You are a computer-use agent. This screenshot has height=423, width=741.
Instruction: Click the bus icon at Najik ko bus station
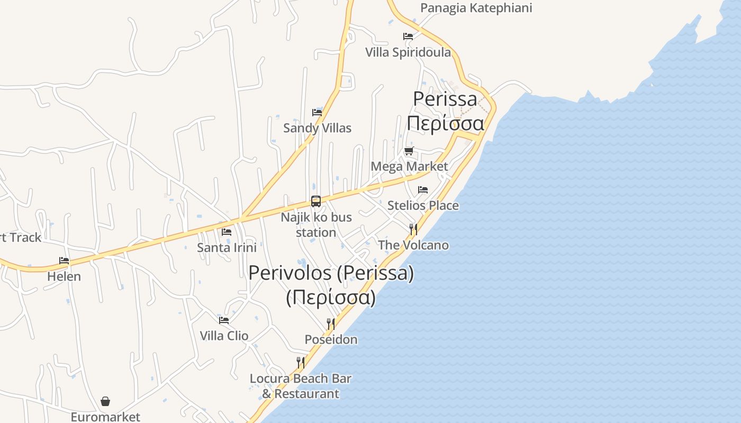click(316, 201)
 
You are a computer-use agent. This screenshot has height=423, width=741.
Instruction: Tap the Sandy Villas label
click(317, 128)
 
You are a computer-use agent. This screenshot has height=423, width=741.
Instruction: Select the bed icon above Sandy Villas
click(317, 112)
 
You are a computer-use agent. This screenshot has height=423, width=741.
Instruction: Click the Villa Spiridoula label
click(408, 52)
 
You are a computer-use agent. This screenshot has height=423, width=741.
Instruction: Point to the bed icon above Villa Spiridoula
click(408, 36)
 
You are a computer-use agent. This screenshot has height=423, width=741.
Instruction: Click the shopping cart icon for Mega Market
click(409, 151)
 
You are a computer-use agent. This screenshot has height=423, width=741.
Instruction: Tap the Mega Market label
click(409, 167)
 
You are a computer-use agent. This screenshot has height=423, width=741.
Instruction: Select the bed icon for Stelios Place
click(423, 190)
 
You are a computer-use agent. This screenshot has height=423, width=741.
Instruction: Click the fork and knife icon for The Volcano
click(413, 229)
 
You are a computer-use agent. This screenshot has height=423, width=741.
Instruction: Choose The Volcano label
click(413, 245)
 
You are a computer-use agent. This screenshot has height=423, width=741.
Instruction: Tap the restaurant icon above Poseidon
click(331, 324)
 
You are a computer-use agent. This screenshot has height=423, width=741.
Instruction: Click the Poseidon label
click(331, 339)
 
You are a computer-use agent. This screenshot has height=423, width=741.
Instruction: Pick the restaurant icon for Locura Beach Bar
click(301, 363)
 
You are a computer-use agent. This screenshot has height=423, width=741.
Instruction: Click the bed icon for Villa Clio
click(224, 320)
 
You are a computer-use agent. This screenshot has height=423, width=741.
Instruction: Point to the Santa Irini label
click(227, 247)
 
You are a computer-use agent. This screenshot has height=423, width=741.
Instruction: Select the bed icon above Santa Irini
click(227, 232)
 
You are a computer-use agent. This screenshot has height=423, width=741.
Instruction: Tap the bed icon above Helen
click(64, 260)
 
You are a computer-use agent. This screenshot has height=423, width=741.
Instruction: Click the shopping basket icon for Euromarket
click(105, 401)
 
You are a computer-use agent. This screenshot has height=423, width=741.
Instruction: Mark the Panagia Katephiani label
click(476, 8)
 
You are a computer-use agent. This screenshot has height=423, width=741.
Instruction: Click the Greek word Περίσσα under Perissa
click(445, 124)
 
